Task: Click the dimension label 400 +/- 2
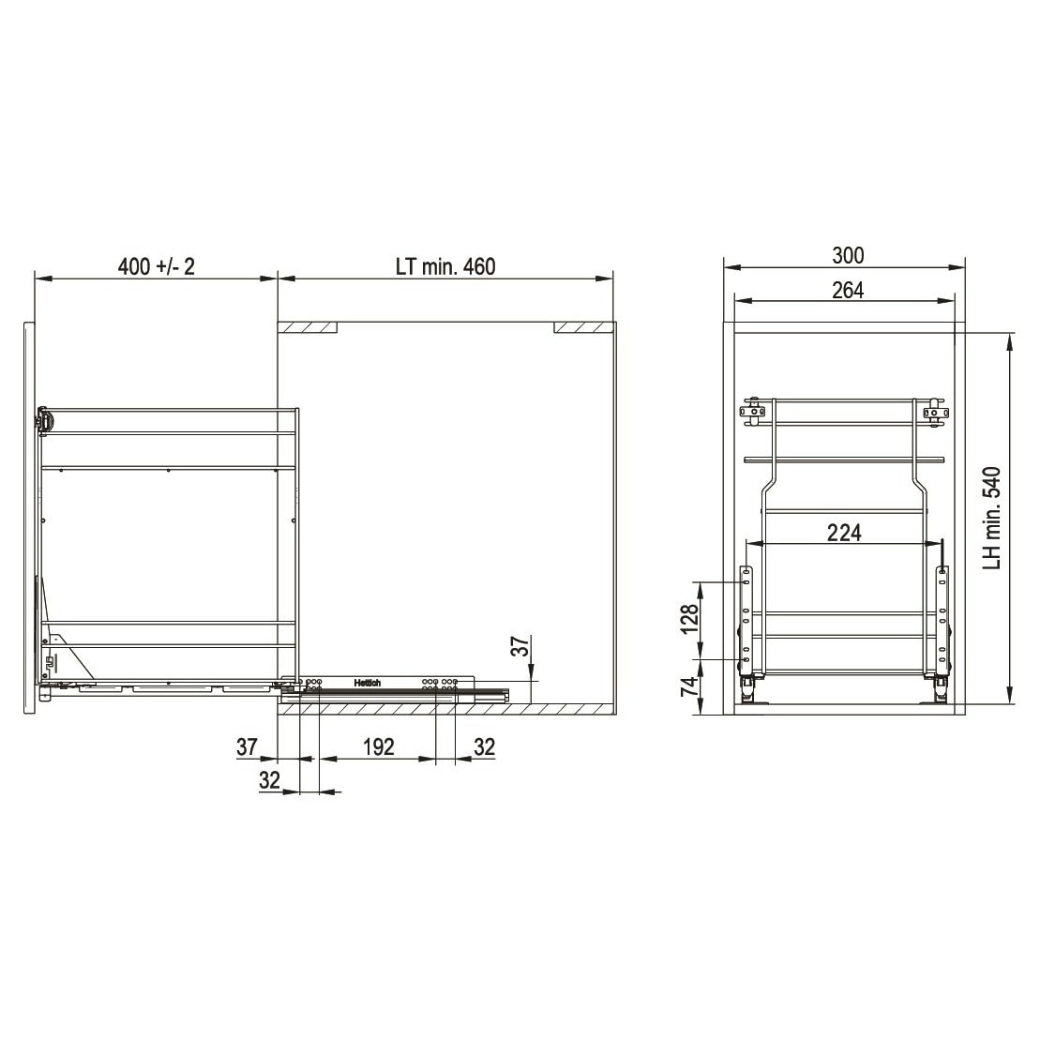click(x=157, y=266)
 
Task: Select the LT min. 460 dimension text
click(x=445, y=266)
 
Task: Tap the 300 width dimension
click(x=848, y=255)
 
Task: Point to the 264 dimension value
click(x=848, y=290)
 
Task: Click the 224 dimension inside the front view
click(x=844, y=532)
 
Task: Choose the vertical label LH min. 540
click(x=991, y=518)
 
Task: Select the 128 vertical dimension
click(x=690, y=619)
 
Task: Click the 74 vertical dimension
click(x=690, y=686)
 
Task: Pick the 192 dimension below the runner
click(x=379, y=746)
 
